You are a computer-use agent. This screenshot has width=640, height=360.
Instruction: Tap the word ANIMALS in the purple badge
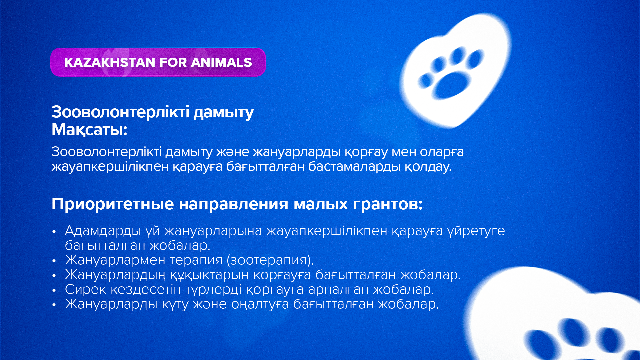click(x=222, y=62)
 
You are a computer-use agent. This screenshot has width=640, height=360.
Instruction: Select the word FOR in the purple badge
click(x=173, y=62)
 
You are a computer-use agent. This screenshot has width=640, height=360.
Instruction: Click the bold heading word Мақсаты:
click(x=89, y=130)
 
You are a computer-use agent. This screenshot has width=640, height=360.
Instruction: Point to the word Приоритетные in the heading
click(x=113, y=204)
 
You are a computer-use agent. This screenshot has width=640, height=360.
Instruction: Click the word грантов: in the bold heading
click(x=388, y=204)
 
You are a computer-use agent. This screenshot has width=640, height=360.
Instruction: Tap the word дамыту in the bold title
click(x=224, y=112)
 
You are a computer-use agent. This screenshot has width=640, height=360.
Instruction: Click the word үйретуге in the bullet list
click(x=476, y=231)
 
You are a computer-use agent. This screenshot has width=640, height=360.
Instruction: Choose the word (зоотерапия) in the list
click(x=270, y=260)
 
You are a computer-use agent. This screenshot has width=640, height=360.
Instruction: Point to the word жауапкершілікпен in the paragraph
click(x=110, y=166)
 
